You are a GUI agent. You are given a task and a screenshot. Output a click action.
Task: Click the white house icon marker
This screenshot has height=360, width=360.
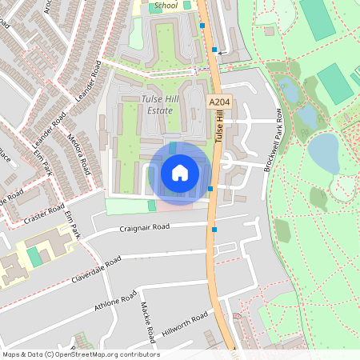[x=180, y=173]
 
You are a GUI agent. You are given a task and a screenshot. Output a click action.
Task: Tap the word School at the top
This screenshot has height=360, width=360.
[x=166, y=6]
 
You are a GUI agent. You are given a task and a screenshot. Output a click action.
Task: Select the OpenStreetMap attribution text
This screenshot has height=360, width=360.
[x=80, y=354]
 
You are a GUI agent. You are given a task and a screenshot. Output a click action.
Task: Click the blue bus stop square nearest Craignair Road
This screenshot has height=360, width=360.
[x=214, y=230]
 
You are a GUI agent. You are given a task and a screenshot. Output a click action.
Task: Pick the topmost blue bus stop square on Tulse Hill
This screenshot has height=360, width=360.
[x=202, y=26]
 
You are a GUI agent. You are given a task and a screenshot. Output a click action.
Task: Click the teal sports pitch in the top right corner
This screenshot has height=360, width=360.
[x=318, y=18]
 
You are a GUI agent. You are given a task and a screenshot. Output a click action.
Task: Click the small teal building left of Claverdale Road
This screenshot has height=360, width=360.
[x=34, y=257]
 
